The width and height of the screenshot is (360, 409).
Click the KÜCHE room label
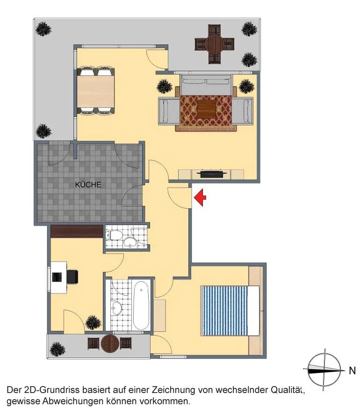pyautogui.click(x=88, y=184)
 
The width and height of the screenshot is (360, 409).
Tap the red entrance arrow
pyautogui.click(x=200, y=198)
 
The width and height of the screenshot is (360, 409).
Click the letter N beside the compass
pyautogui.click(x=352, y=371)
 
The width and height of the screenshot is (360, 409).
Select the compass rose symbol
pyautogui.click(x=324, y=370)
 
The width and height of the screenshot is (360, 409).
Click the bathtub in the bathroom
pyautogui.click(x=141, y=305)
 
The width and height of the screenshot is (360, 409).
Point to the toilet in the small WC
pyautogui.click(x=114, y=235)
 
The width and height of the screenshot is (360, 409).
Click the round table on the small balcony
pyautogui.click(x=110, y=343)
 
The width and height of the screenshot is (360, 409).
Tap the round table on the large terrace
pyautogui.click(x=215, y=44)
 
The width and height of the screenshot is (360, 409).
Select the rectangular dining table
pyautogui.click(x=96, y=91)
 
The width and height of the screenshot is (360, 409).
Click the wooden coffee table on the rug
pyautogui.click(x=207, y=109)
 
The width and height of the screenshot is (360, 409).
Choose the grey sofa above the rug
pyautogui.click(x=206, y=85)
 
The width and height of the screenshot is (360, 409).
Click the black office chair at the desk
pyautogui.click(x=72, y=277)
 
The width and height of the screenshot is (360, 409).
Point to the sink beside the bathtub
pyautogui.click(x=116, y=308)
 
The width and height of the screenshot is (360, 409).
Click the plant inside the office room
pyautogui.click(x=93, y=322)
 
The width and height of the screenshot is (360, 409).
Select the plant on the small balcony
pyautogui.click(x=58, y=349)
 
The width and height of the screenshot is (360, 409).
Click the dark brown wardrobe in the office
pyautogui.click(x=77, y=232)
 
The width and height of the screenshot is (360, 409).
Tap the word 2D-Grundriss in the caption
pyautogui.click(x=51, y=390)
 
